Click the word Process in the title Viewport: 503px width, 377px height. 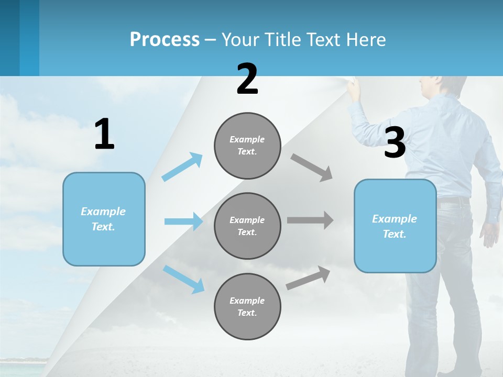click(165, 40)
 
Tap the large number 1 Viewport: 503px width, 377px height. click(104, 135)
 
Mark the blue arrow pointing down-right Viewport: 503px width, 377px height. click(183, 279)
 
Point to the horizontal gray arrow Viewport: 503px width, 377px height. click(310, 220)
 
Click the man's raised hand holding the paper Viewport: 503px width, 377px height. click(355, 87)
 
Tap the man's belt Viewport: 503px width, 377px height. click(454, 200)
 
